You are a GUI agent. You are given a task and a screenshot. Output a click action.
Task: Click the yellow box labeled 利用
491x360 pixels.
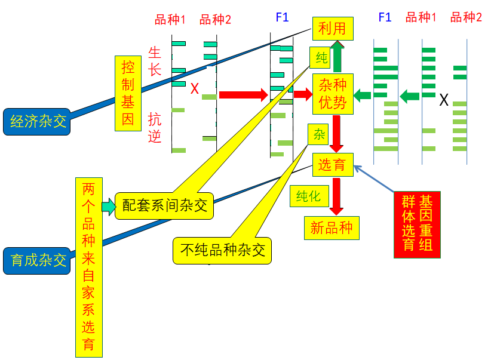332,27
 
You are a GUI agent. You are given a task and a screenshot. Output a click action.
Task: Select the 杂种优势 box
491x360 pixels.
333,94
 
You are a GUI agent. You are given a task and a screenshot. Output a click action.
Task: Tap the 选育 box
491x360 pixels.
332,165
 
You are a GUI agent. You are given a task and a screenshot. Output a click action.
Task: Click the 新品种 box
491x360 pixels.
332,227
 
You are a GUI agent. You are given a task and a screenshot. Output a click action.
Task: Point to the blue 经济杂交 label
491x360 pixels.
36,122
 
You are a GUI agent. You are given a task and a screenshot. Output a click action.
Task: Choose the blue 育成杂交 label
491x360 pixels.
36,260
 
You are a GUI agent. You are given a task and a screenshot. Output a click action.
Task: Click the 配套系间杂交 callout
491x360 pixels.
164,205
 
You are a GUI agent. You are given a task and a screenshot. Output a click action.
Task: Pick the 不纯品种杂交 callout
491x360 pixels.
222,250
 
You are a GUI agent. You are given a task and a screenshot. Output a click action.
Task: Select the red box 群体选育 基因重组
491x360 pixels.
417,224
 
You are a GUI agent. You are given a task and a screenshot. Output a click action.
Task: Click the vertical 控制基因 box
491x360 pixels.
128,93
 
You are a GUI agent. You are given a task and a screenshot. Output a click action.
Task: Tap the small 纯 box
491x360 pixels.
321,58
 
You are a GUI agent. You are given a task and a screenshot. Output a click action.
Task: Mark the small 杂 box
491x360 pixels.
319,135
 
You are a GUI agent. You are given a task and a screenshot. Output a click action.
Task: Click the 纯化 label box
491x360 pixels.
308,196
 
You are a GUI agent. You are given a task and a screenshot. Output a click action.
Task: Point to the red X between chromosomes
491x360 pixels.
194,90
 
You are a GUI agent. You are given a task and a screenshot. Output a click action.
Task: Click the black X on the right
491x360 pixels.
444,100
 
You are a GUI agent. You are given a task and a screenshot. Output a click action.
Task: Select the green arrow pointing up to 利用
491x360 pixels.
337,57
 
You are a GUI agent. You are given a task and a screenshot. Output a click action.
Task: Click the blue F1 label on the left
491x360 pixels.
282,17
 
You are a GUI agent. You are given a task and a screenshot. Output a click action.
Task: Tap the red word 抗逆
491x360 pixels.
155,128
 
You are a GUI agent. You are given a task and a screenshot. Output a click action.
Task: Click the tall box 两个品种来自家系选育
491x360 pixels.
88,267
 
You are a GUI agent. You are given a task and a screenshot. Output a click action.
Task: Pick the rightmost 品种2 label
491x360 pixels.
466,17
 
